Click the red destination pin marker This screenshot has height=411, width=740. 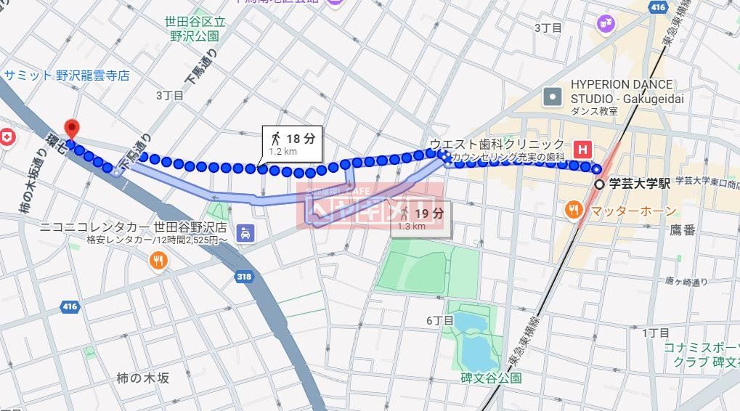click(71, 128)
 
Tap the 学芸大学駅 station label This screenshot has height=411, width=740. click(639, 184)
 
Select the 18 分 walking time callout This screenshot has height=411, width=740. click(291, 143)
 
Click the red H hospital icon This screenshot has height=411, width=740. click(582, 149)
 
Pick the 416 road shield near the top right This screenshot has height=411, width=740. click(658, 7)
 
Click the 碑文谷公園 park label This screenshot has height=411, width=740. click(491, 378)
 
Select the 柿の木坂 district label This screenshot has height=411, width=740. click(143, 378)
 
